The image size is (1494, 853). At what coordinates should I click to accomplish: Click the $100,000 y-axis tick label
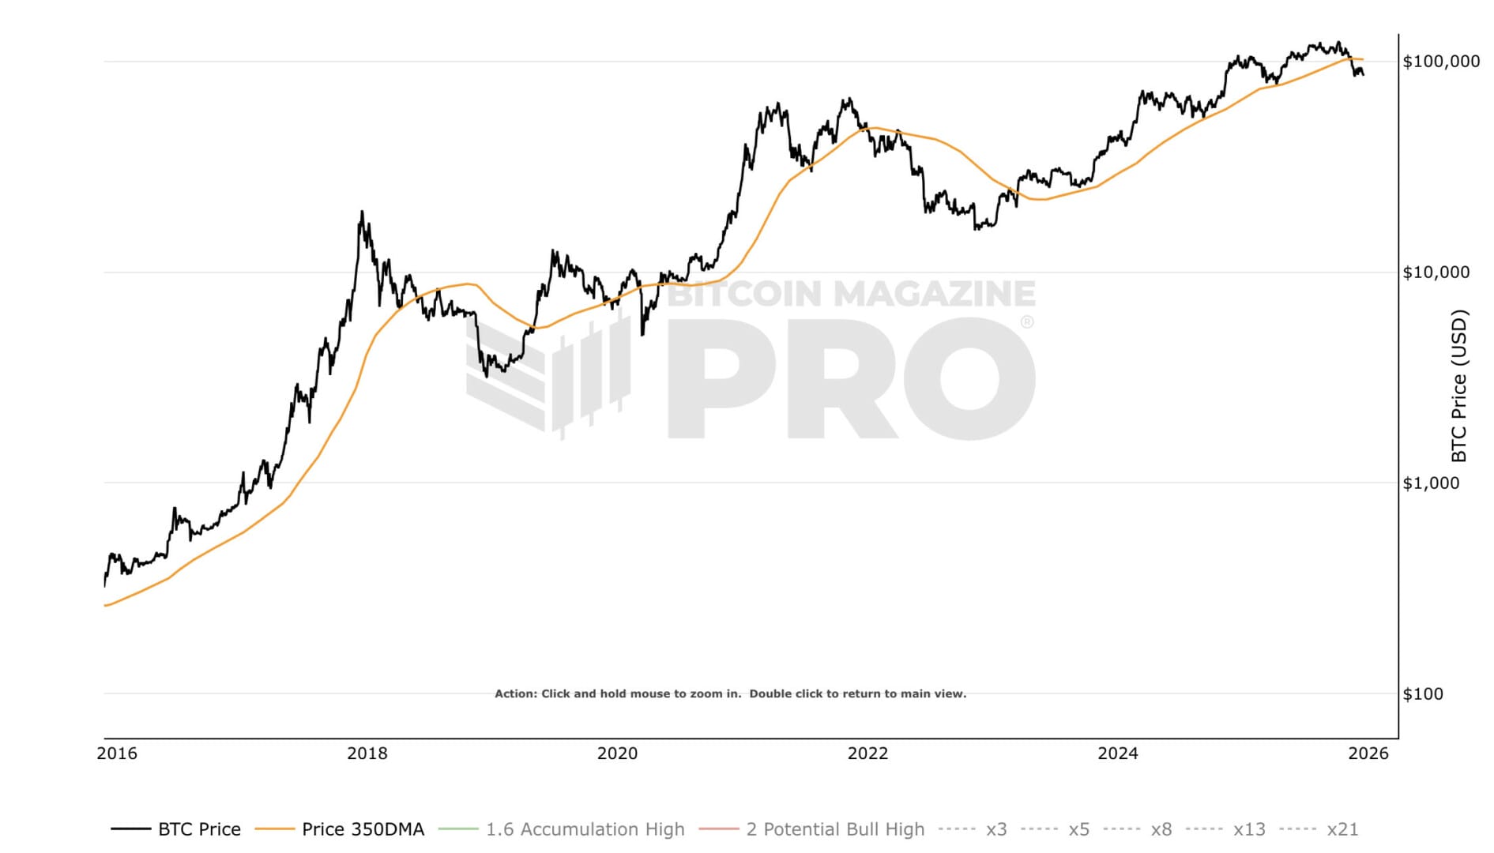(x=1440, y=62)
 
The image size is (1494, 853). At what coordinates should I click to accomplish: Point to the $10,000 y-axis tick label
(x=1436, y=272)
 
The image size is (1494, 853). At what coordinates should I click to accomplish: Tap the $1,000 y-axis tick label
(x=1431, y=483)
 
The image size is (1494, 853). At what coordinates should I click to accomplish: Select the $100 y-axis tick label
(x=1422, y=694)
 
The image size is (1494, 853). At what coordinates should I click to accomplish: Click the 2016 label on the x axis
(x=117, y=753)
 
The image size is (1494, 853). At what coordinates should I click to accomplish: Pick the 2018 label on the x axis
(x=367, y=753)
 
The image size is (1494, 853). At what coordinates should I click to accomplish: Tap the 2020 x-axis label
(x=617, y=753)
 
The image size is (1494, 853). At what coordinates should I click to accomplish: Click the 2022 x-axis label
(x=867, y=753)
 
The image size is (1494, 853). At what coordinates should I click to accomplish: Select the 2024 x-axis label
(x=1118, y=753)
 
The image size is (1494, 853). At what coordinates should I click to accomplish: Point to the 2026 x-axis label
(x=1368, y=753)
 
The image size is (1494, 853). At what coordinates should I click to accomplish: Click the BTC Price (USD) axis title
(x=1458, y=385)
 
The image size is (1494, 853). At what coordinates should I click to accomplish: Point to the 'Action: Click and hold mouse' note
(x=730, y=694)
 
